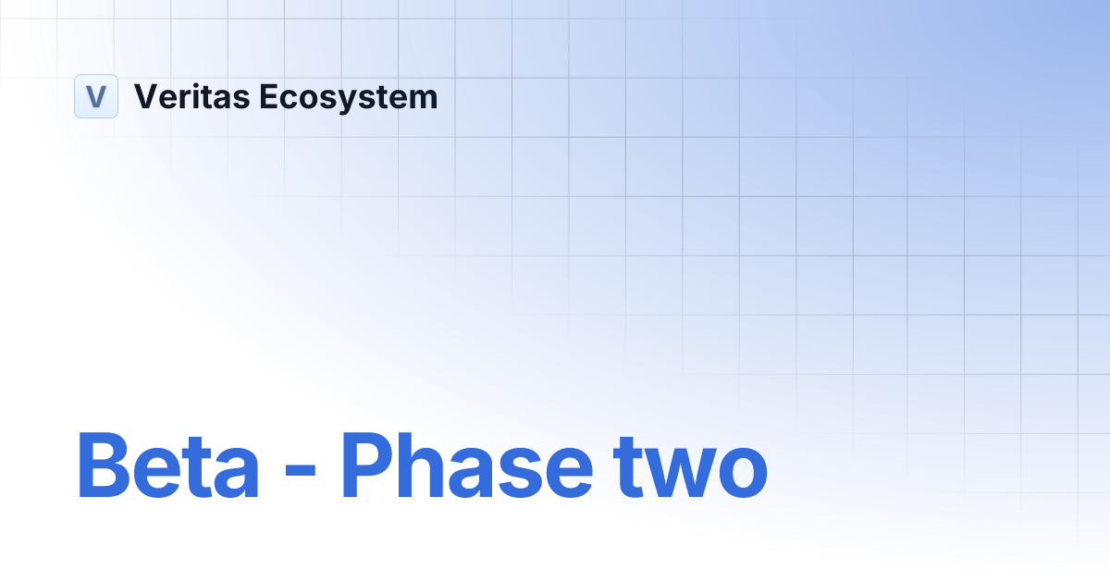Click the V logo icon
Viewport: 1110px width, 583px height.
[96, 96]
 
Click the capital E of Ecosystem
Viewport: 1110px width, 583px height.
[268, 96]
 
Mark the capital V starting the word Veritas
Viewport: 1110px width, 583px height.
[145, 96]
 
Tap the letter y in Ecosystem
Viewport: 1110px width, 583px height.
[350, 101]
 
